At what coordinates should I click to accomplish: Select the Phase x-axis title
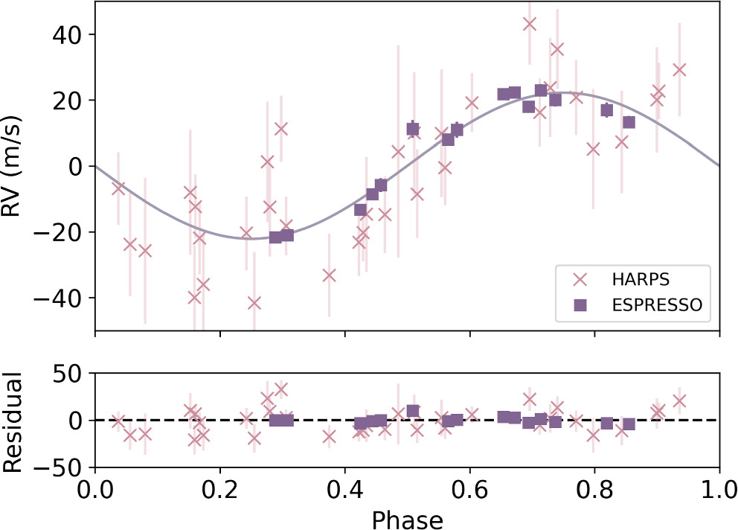point(407,518)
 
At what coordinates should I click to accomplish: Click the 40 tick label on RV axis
point(62,35)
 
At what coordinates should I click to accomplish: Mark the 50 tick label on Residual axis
point(62,373)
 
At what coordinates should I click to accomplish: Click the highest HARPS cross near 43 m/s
point(530,24)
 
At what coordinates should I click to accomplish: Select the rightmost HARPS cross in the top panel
point(678,70)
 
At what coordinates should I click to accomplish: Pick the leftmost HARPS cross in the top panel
point(118,188)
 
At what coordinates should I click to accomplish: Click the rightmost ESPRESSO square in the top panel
point(629,122)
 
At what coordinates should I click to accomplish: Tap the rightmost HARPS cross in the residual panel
point(678,400)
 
